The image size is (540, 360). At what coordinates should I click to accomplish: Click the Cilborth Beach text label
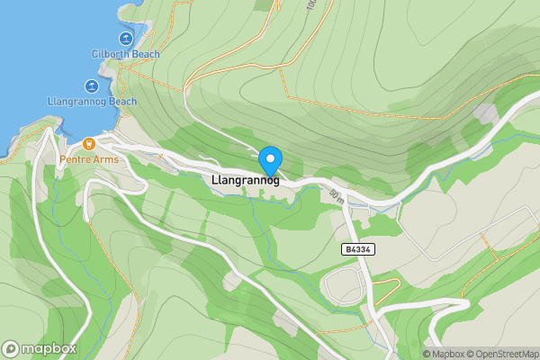[x=125, y=54]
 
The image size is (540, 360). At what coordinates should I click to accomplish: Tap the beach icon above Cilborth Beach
[x=125, y=40]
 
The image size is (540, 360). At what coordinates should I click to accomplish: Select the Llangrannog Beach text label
[x=92, y=102]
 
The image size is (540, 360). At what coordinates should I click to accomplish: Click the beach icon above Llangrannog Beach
[x=91, y=86]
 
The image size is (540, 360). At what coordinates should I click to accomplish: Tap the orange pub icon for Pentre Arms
[x=88, y=144]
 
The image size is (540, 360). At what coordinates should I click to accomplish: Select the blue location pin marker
[x=270, y=160]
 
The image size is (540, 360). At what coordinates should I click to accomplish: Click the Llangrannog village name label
[x=244, y=180]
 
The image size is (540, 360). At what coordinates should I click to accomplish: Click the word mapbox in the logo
[x=49, y=348]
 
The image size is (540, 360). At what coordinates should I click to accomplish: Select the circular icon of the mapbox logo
[x=12, y=348]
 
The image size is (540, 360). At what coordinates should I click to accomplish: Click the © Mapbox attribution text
[x=444, y=354]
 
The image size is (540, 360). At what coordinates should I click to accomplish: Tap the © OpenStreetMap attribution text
[x=503, y=354]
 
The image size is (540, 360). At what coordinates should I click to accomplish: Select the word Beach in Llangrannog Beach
[x=121, y=102]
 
